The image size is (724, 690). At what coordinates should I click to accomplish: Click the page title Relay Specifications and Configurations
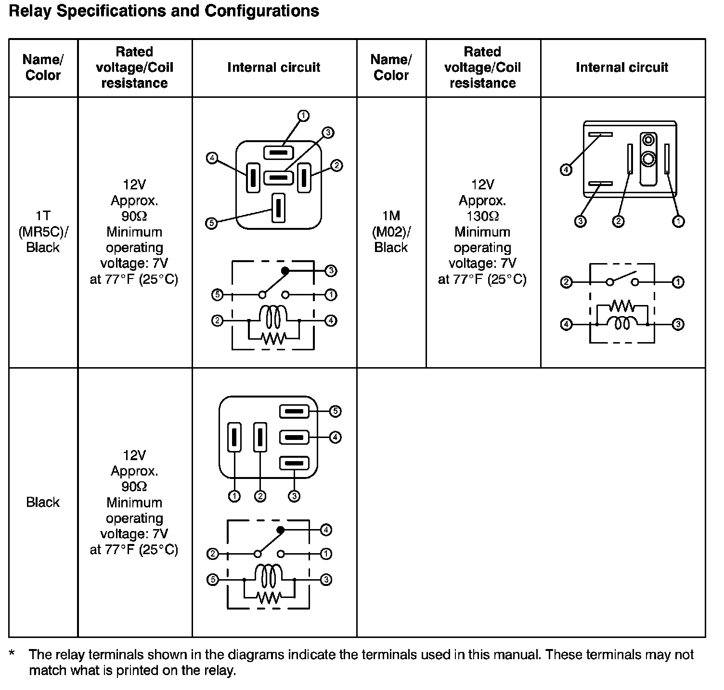click(164, 11)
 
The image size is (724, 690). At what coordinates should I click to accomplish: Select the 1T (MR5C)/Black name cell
click(43, 232)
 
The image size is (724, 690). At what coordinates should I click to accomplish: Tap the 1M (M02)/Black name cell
click(391, 232)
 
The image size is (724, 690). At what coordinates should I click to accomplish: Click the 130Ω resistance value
click(482, 216)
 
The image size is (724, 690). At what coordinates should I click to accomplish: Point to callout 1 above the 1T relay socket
click(303, 116)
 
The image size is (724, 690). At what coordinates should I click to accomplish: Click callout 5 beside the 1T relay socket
click(211, 223)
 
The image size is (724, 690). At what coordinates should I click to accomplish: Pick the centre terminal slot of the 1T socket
click(278, 177)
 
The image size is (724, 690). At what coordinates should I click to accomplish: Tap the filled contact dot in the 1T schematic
click(285, 271)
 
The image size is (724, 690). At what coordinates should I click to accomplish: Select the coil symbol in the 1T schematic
click(273, 316)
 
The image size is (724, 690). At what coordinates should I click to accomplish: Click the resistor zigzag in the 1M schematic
click(622, 306)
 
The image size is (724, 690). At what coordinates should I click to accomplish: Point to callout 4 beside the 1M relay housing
click(566, 170)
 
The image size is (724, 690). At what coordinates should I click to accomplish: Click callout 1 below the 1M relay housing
click(678, 221)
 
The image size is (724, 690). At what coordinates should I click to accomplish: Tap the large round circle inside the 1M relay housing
click(648, 159)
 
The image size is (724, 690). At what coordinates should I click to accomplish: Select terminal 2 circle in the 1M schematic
click(567, 282)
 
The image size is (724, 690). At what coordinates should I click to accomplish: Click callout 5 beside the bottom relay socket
click(335, 411)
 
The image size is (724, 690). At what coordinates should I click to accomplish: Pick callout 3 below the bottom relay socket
click(294, 496)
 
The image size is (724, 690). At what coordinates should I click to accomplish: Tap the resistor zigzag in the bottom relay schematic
click(269, 597)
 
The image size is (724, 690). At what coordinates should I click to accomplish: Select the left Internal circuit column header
click(274, 67)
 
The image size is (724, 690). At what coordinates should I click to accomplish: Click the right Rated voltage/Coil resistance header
click(483, 67)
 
